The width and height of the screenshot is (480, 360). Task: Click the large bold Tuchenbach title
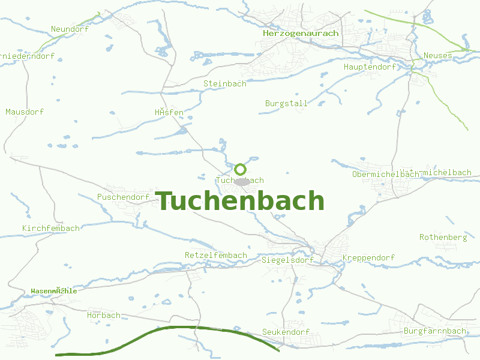coord(240,201)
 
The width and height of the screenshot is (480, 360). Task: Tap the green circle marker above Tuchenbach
coord(240,169)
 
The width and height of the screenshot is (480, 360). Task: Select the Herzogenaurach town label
coord(300,34)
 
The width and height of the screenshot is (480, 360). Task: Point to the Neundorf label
coord(70,29)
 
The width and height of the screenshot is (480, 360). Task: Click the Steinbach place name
coord(224,84)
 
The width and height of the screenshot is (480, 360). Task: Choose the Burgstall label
coord(286,103)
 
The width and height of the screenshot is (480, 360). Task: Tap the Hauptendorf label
coord(370,67)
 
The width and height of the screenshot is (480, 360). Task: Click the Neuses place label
coord(437,56)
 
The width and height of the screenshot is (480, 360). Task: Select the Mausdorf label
coord(25,112)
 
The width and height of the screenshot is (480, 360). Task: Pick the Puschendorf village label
coord(123,197)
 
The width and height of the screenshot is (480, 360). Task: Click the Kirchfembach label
coord(50,228)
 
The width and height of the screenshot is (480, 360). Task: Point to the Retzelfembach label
coord(215,255)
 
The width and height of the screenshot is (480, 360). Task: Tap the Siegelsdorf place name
coord(287,260)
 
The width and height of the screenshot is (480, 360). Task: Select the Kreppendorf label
coord(368,258)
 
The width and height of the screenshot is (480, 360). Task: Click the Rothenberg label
coord(443,237)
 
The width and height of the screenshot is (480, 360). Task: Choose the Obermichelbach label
coord(385,174)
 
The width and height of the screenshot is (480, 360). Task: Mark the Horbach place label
coord(103,315)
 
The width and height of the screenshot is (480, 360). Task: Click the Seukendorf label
coord(286,332)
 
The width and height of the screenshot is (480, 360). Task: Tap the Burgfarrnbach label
coord(434,331)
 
